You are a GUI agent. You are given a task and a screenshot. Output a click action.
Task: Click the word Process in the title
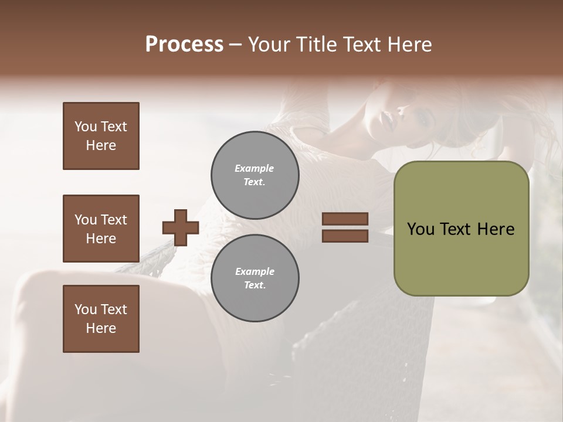point(184,45)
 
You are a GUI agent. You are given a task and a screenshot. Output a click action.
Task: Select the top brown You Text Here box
point(101,136)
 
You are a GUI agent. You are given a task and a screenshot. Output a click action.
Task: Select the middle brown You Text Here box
point(101,229)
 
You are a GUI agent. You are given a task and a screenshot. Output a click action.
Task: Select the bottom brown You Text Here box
point(101,319)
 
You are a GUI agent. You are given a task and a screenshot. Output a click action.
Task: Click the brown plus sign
point(181,227)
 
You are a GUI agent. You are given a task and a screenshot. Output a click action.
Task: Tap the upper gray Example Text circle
point(255,175)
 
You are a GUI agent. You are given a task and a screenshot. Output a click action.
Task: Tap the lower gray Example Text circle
point(255,278)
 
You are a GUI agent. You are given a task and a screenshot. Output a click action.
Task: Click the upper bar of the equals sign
point(345,219)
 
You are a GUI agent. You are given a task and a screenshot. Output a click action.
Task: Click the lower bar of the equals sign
point(345,236)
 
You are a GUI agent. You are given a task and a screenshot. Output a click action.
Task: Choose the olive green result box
point(461,229)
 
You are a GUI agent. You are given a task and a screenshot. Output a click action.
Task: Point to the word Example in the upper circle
point(255,168)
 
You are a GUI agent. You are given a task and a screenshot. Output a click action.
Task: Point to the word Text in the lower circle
point(255,285)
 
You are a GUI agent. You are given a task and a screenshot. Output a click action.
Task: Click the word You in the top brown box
point(85,127)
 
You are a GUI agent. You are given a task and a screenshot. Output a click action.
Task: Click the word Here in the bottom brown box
point(101,328)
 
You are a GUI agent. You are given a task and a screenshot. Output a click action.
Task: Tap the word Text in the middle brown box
point(114,220)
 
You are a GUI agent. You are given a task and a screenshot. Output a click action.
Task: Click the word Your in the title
point(270,45)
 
